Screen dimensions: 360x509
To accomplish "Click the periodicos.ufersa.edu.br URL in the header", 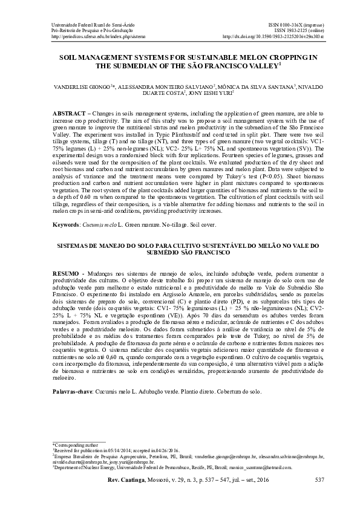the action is [90, 36].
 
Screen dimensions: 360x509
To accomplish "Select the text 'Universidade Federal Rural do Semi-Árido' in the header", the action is [90, 23].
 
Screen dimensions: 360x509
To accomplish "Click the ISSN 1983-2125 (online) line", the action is [299, 30].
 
